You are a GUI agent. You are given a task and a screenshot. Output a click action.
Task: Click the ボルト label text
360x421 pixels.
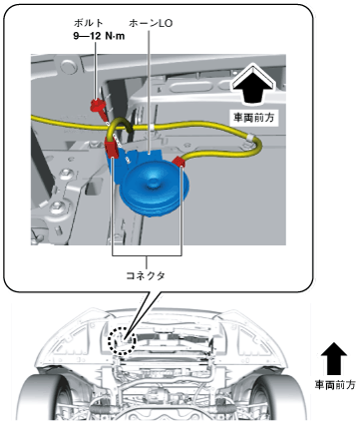(x=88, y=23)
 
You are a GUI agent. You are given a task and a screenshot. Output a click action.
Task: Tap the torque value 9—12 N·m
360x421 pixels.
(x=99, y=36)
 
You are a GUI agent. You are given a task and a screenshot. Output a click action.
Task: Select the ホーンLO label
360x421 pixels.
(x=151, y=23)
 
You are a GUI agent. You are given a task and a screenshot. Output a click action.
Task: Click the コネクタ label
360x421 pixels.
(x=146, y=275)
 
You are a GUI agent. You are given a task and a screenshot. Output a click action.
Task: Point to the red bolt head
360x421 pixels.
(x=97, y=106)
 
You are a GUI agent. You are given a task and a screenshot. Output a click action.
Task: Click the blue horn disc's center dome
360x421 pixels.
(x=155, y=183)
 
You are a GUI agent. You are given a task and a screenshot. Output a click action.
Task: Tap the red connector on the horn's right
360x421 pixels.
(x=180, y=162)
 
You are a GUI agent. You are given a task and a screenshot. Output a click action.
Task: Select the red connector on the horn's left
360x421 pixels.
(x=112, y=148)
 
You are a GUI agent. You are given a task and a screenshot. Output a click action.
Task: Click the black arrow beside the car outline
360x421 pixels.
(x=334, y=359)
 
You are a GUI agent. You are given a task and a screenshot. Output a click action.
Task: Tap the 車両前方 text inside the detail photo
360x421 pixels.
(x=253, y=118)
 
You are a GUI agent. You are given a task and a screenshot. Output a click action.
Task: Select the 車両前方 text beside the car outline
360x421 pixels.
(x=334, y=385)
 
